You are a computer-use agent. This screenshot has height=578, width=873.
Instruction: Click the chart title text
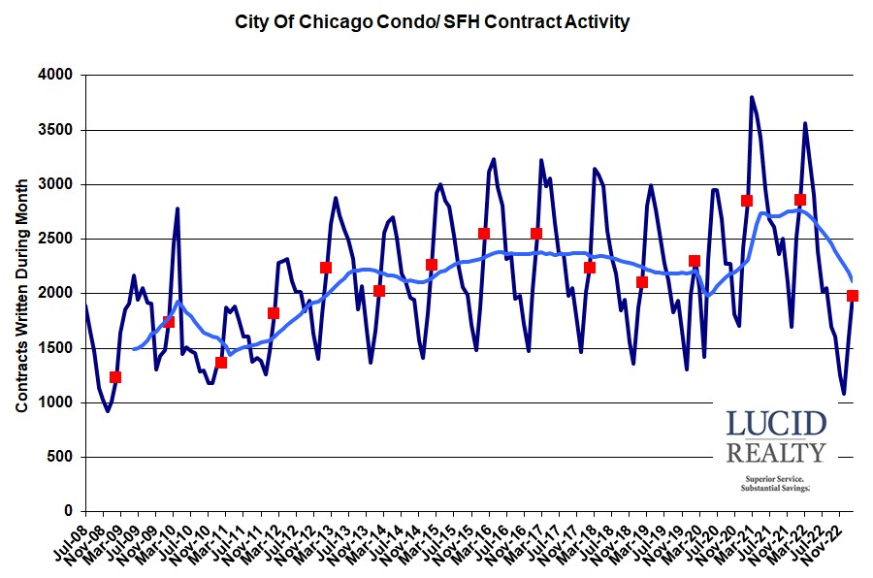[433, 21]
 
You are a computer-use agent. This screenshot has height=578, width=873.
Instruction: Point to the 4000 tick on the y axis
[58, 76]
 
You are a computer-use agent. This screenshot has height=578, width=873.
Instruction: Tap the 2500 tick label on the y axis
[58, 239]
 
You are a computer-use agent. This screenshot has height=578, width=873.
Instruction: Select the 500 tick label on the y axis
[62, 457]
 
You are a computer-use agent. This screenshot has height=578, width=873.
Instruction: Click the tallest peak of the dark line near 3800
[752, 97]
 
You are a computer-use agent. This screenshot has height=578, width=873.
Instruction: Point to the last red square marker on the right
[853, 296]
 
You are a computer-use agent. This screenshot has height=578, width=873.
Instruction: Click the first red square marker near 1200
[115, 377]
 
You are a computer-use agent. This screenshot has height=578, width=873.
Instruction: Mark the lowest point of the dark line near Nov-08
[108, 410]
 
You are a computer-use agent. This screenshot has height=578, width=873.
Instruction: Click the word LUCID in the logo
[776, 424]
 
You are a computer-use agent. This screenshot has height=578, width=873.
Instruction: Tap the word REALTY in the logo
[776, 452]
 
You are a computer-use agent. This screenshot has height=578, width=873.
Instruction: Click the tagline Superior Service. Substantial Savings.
[776, 484]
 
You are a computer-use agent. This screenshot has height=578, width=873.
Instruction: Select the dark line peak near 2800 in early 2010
[178, 209]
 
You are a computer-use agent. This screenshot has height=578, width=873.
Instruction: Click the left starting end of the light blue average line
[134, 348]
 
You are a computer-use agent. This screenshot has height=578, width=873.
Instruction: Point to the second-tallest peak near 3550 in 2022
[804, 123]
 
